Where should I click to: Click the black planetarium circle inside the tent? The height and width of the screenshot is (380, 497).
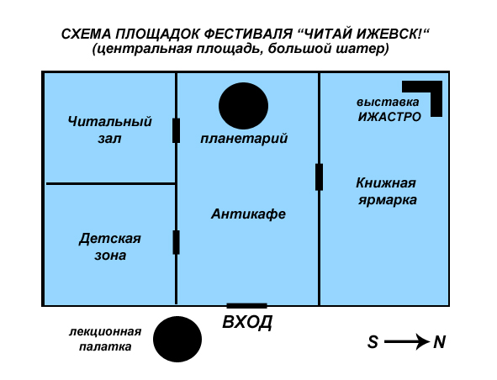[x=243, y=106]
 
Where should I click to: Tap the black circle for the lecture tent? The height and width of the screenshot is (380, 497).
[x=177, y=339]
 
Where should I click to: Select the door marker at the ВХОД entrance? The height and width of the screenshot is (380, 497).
[x=246, y=306]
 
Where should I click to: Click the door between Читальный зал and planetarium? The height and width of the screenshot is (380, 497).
[x=177, y=130]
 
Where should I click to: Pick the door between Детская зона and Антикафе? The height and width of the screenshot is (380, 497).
[x=177, y=242]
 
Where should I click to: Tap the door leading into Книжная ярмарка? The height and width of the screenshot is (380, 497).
[x=320, y=177]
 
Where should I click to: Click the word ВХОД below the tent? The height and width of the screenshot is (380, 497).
[x=247, y=322]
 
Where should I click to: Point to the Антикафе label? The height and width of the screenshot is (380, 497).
[x=249, y=214]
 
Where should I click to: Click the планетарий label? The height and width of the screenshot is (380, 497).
[x=244, y=139]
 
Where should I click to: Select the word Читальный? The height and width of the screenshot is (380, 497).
[x=109, y=121]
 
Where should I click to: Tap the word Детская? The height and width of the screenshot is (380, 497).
[x=109, y=239]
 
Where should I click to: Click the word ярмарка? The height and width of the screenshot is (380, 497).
[x=388, y=200]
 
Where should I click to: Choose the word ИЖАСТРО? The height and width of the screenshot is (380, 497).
[x=389, y=117]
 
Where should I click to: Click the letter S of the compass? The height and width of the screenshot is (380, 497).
[x=373, y=342]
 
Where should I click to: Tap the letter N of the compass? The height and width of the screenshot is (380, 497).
[x=439, y=342]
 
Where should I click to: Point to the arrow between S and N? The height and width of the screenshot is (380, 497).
[x=407, y=342]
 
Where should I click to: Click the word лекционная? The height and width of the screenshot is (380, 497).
[x=105, y=332]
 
